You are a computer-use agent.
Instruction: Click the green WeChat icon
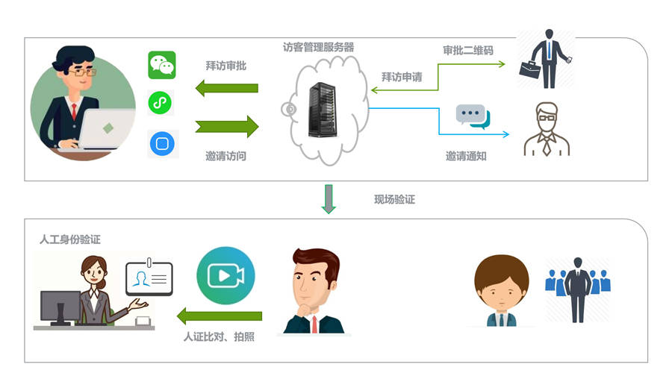coord(162,65)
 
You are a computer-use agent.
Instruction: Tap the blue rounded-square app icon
coord(162,143)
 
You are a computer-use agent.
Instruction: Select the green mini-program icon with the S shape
coord(161,103)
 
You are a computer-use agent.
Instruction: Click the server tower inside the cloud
coord(323,110)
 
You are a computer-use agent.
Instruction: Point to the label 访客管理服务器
coord(318,47)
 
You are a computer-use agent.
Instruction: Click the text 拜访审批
coord(225,66)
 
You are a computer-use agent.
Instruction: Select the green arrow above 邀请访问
coord(227,126)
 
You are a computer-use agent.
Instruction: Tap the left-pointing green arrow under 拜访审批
coord(227,88)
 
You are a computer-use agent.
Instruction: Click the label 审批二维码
coord(468,51)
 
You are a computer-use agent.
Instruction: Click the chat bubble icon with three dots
coord(473,116)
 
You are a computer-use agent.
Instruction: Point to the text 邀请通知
coord(466,156)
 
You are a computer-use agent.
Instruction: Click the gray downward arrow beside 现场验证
coord(329,198)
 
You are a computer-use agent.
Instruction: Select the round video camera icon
coord(225,275)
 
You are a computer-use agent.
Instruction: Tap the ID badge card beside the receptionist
coord(149,278)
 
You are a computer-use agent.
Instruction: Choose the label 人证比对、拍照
coord(219,336)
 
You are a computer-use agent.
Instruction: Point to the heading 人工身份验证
coord(70,239)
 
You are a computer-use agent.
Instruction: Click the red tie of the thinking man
coord(314,325)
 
